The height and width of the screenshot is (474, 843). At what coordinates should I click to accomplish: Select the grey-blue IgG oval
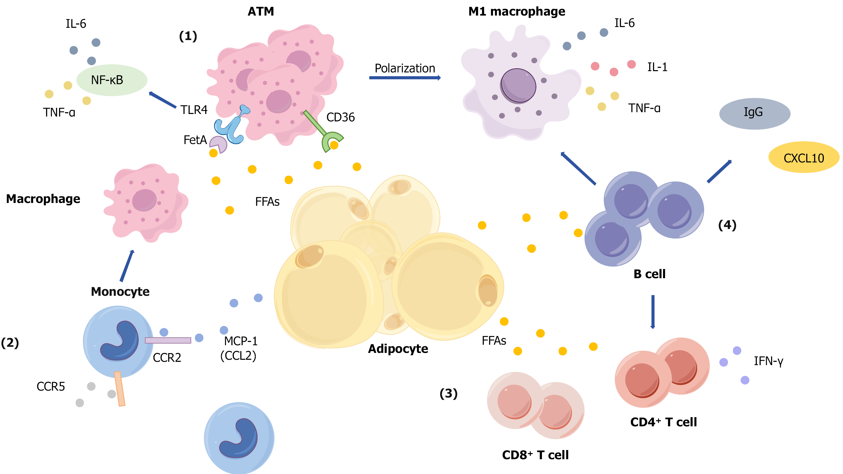point(754,113)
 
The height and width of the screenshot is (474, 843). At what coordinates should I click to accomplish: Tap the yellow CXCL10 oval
point(803,158)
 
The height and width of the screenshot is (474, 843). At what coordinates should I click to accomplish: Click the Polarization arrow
point(405,78)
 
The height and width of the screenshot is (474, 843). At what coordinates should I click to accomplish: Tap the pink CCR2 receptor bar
point(168,340)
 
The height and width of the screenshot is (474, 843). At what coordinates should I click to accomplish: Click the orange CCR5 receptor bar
point(120,389)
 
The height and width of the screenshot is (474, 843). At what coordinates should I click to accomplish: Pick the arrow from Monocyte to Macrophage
point(127,265)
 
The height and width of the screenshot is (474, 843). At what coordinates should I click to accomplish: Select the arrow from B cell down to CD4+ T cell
point(653,312)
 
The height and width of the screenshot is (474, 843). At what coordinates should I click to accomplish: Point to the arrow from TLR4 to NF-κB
point(163,100)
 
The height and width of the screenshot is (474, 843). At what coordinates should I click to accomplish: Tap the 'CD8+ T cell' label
point(535,455)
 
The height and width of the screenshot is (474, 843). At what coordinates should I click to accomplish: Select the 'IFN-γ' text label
point(768,361)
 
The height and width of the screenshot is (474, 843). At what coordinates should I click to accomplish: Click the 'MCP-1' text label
point(241,341)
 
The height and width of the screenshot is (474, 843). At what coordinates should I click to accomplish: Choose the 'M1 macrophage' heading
point(516,11)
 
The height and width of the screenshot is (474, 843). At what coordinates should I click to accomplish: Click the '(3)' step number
point(448,393)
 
